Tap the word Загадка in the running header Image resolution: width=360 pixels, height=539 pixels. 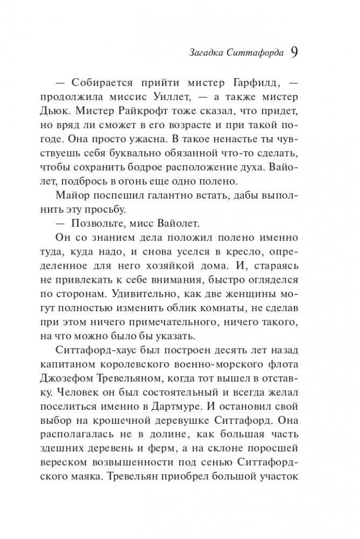(x=208, y=53)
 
